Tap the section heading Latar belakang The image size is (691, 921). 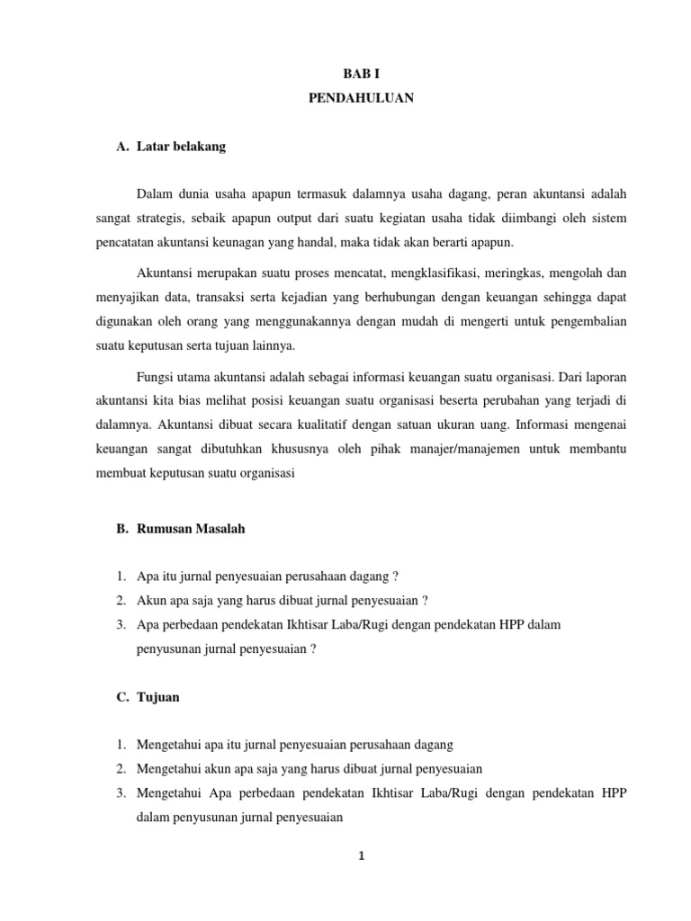[181, 147]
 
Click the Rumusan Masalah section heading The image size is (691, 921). [191, 529]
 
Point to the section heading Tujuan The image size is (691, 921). [158, 697]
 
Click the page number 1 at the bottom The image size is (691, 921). [361, 856]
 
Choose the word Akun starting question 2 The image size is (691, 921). [150, 601]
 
